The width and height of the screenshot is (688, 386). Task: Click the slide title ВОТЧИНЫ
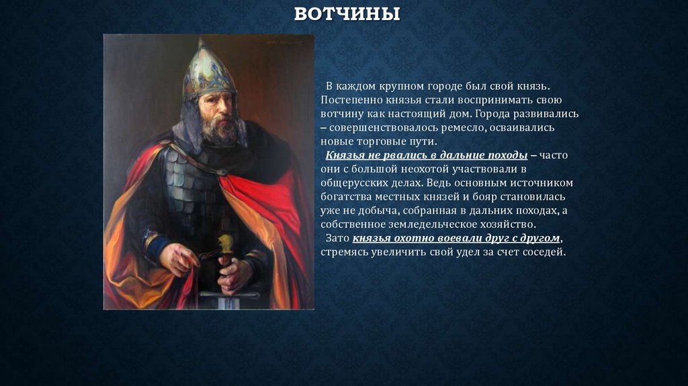click(x=347, y=15)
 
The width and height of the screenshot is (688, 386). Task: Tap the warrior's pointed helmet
click(x=209, y=71)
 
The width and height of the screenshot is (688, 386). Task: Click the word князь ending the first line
click(x=533, y=86)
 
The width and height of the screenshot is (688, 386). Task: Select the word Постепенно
click(x=349, y=100)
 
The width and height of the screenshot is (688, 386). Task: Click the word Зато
click(x=337, y=238)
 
